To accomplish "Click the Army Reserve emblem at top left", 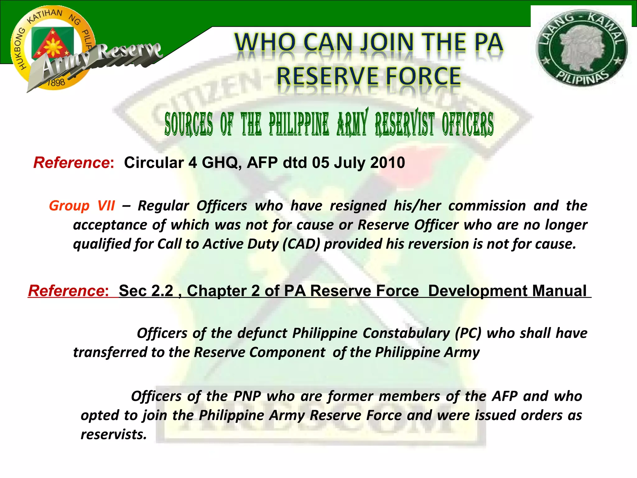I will pyautogui.click(x=53, y=48).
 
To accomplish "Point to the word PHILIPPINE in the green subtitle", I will pyautogui.click(x=299, y=124).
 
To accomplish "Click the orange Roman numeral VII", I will pyautogui.click(x=106, y=206).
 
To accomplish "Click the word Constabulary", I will pyautogui.click(x=406, y=333).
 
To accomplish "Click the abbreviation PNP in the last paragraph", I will pyautogui.click(x=247, y=396).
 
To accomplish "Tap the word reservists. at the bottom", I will pyautogui.click(x=114, y=434).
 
